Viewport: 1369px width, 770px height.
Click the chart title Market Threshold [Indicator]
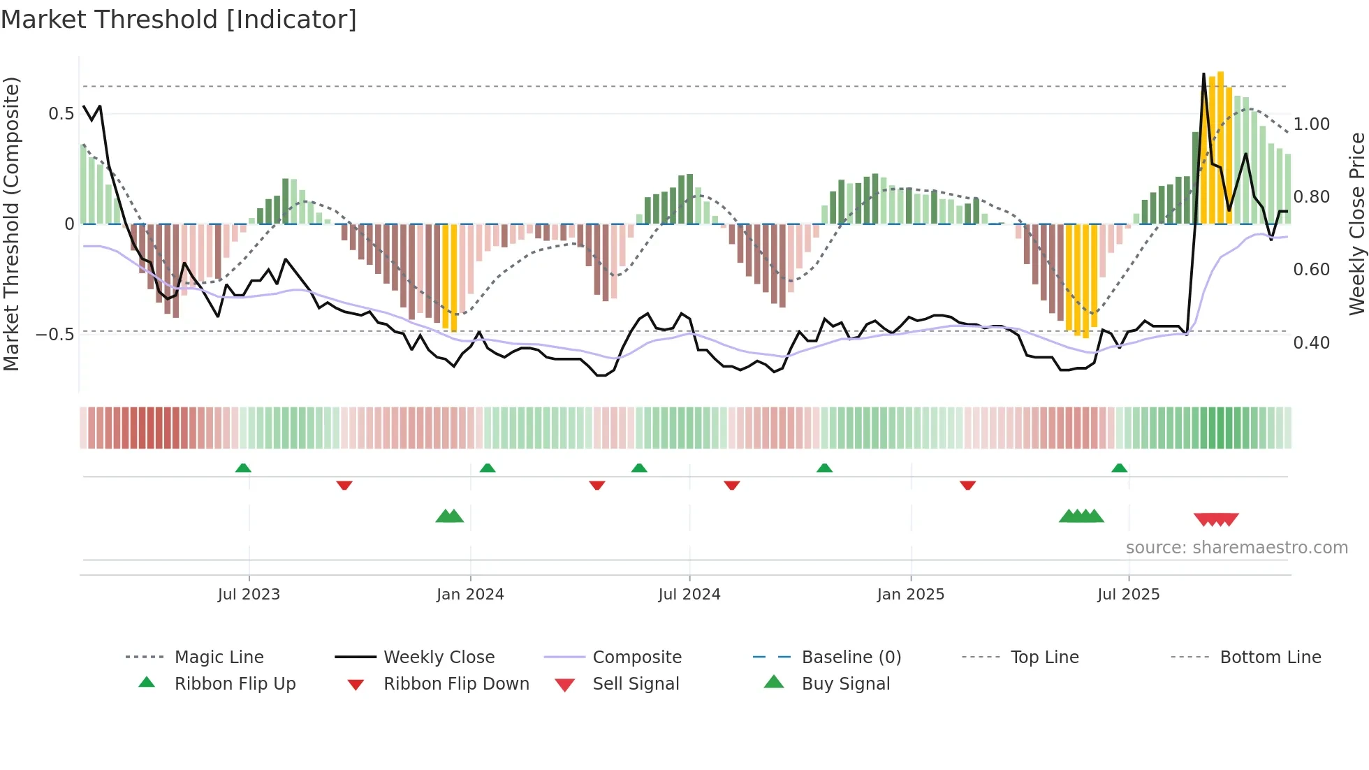(179, 20)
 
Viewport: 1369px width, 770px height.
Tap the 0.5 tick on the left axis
(61, 114)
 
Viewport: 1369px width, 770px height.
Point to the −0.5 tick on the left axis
(55, 335)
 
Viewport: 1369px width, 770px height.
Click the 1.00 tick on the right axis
(1311, 124)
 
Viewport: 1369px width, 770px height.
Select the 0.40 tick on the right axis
(1311, 343)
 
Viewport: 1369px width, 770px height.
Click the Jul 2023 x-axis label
(249, 595)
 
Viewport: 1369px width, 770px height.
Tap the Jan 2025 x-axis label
(910, 595)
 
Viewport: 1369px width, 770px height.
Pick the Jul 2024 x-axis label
(689, 595)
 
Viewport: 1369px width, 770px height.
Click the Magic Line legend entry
(219, 658)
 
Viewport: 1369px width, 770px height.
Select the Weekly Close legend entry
(439, 658)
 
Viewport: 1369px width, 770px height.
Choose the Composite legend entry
(636, 658)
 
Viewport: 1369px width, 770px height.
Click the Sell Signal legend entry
(635, 684)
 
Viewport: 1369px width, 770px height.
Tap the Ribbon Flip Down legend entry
(455, 684)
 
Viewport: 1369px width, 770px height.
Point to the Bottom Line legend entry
(1270, 658)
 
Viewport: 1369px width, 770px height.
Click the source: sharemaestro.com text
(1236, 548)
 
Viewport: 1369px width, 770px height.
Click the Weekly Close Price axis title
(1356, 224)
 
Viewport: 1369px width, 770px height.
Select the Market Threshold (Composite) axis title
(12, 224)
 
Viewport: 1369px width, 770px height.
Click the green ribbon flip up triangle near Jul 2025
(1119, 468)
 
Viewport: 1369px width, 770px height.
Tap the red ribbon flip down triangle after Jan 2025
(967, 485)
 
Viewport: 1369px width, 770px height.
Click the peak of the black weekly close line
(1203, 74)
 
